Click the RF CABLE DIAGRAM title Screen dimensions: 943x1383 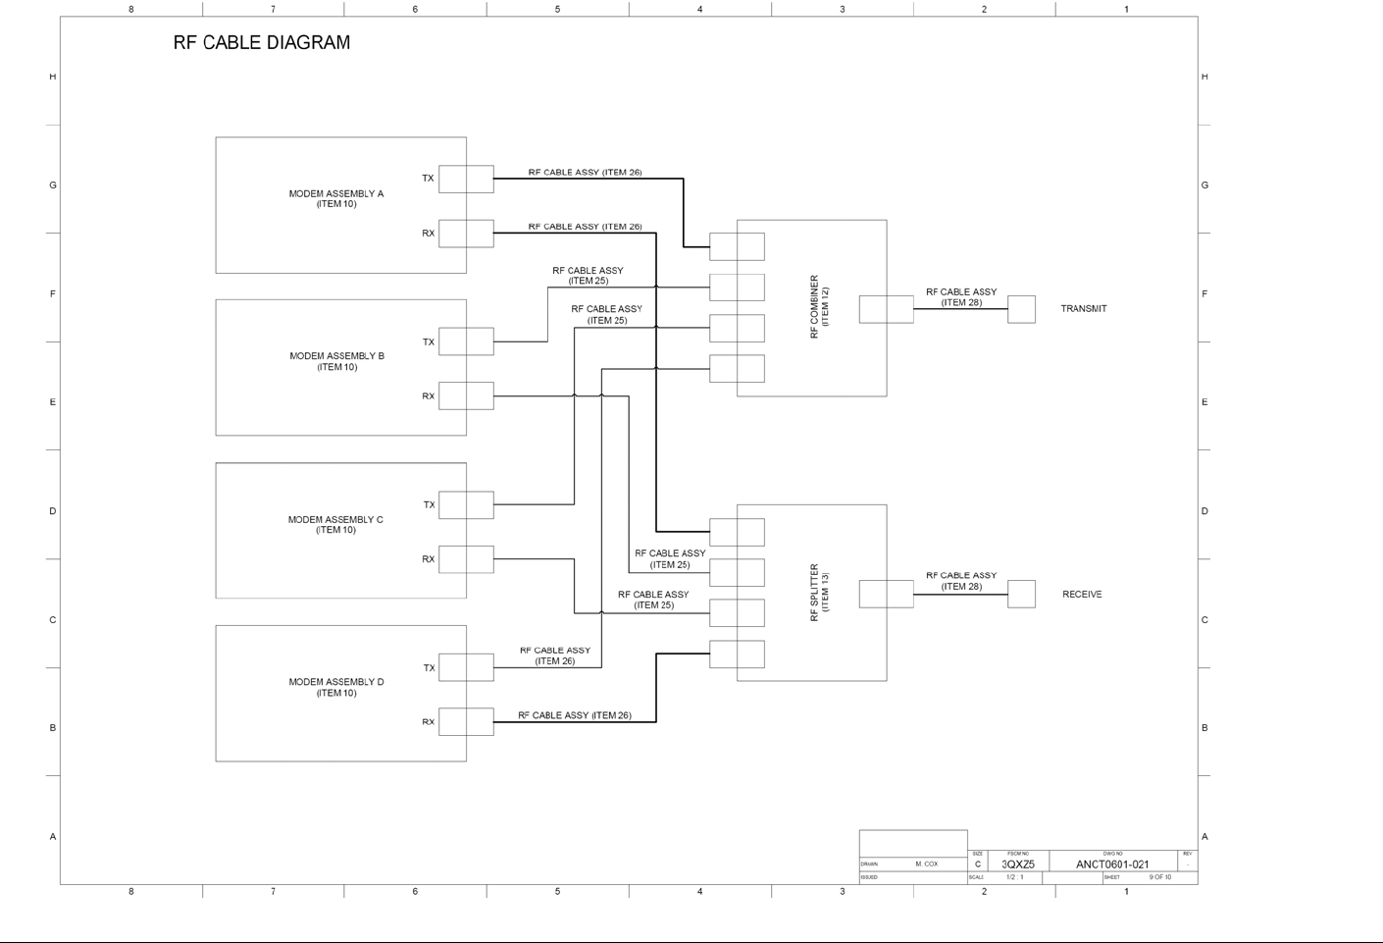point(261,42)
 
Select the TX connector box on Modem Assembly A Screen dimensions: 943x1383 point(466,179)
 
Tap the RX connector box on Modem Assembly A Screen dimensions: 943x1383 point(466,234)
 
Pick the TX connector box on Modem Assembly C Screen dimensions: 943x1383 point(466,505)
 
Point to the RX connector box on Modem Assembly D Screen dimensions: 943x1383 point(466,722)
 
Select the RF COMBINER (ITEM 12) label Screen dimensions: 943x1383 point(819,307)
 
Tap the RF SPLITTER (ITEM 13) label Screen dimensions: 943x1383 point(819,592)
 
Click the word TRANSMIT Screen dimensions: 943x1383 point(1083,309)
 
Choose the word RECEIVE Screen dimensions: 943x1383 point(1082,595)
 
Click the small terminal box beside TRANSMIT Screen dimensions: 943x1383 point(1021,309)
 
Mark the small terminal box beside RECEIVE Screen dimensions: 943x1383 point(1021,594)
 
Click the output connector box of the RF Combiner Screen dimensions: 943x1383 point(886,309)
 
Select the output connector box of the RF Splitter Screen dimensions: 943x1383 point(886,594)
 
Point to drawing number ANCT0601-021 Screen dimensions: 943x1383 point(1111,864)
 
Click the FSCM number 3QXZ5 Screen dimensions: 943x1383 point(1017,864)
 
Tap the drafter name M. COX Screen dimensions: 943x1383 point(926,864)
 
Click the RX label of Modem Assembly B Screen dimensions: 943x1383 point(428,396)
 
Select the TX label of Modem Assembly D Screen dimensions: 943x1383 point(429,668)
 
